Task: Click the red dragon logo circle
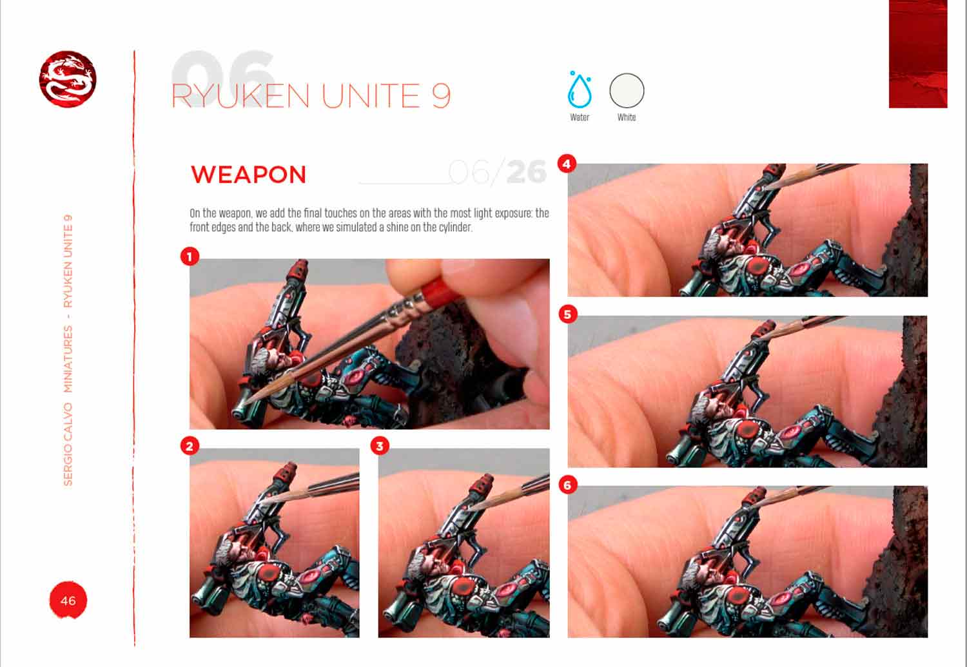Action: coord(68,79)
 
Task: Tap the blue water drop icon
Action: coord(579,91)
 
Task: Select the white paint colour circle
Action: coord(627,90)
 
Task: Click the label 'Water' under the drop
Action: coord(579,117)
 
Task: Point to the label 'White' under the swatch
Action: coord(627,117)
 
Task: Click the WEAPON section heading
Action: coord(248,175)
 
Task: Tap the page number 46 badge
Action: coord(68,601)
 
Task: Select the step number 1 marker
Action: coord(190,256)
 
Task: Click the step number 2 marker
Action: coord(190,445)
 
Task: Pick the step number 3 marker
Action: coord(380,445)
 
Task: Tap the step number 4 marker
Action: coord(567,164)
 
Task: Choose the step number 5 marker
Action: coord(567,314)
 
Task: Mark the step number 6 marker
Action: coord(567,485)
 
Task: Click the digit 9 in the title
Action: coord(441,97)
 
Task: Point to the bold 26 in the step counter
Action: coord(526,172)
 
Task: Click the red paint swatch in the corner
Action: coord(917,53)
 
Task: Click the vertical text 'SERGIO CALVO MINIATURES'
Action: coord(68,406)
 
